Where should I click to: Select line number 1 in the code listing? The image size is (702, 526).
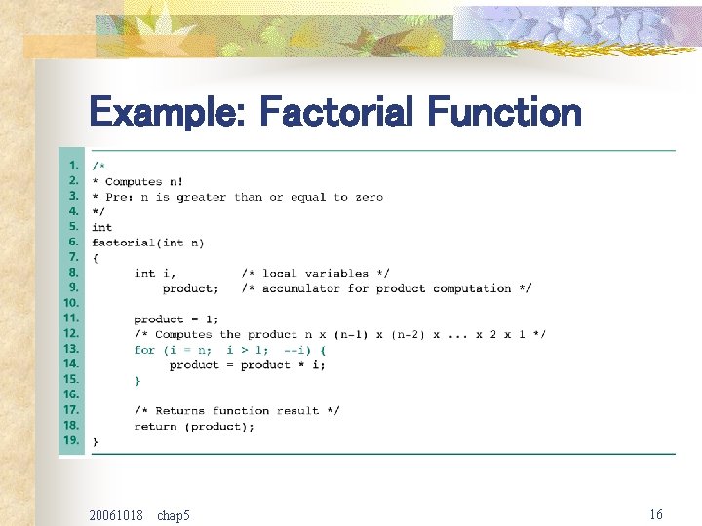[x=73, y=166]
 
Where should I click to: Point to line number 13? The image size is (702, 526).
[x=71, y=349]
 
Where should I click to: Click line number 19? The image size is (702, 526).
[x=71, y=440]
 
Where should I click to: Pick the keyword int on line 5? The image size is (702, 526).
[x=101, y=227]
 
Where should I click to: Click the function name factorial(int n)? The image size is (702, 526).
[x=147, y=243]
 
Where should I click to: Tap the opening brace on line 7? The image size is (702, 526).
[x=95, y=257]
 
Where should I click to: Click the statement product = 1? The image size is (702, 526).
[x=176, y=319]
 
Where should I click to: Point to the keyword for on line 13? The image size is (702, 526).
[x=144, y=349]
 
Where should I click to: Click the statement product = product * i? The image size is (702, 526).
[x=247, y=364]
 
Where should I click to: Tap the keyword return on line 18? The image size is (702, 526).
[x=155, y=426]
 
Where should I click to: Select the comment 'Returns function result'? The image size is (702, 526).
[x=237, y=410]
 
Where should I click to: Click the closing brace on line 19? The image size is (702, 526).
[x=95, y=441]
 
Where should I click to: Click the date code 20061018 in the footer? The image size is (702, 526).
[x=115, y=514]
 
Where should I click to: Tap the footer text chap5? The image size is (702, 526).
[x=174, y=514]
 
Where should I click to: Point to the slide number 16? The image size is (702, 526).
[x=656, y=513]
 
